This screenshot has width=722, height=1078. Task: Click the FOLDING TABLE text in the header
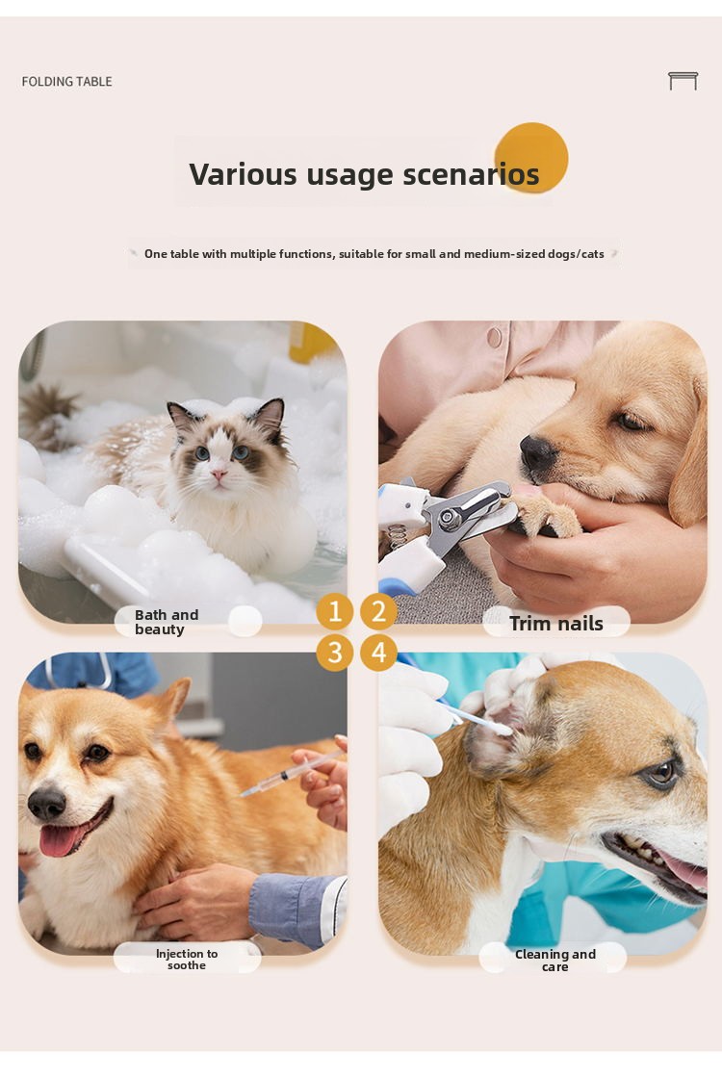[66, 81]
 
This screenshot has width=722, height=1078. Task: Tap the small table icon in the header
[683, 81]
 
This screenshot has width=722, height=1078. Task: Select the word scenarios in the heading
[471, 174]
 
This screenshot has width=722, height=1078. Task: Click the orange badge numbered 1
[335, 611]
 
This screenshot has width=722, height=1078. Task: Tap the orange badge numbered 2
[379, 611]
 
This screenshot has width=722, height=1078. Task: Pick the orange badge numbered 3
[335, 653]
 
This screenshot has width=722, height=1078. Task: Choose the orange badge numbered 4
[379, 653]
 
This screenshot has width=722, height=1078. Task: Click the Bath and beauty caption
[167, 622]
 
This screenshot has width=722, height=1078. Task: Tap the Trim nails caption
[556, 623]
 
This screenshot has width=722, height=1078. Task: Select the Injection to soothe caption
[187, 959]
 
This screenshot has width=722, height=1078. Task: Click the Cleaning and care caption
[554, 960]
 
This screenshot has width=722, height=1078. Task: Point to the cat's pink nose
[219, 475]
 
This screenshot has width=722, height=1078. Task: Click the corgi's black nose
[47, 803]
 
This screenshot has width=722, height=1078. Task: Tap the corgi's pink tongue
[61, 841]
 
